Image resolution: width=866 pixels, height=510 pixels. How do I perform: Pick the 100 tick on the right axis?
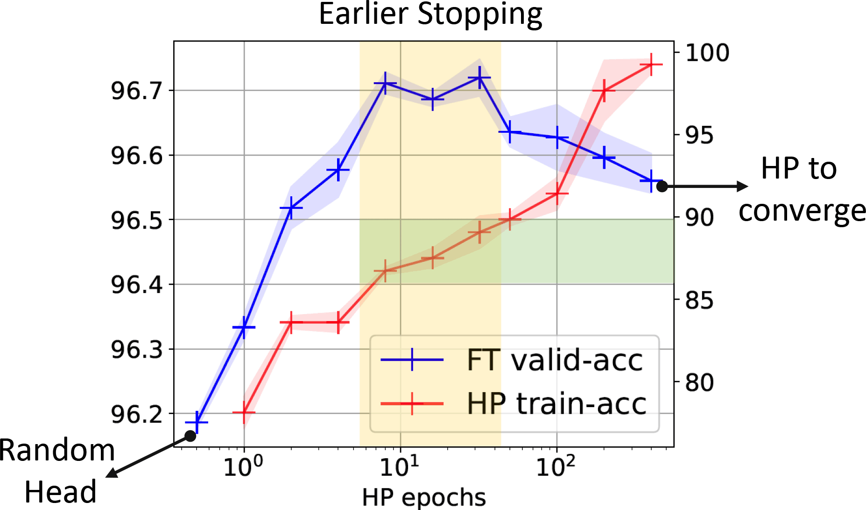tap(707, 53)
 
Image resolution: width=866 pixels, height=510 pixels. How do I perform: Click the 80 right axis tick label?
tap(699, 382)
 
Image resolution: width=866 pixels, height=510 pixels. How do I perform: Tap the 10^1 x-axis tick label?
tap(399, 466)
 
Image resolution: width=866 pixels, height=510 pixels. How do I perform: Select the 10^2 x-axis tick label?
tap(556, 466)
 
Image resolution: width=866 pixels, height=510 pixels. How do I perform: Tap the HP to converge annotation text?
tap(801, 189)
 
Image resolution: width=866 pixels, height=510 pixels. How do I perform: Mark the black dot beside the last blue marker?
tap(662, 186)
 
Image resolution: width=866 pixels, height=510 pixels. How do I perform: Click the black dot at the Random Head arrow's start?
tap(190, 436)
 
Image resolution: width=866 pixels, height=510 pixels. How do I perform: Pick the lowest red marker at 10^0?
tap(244, 413)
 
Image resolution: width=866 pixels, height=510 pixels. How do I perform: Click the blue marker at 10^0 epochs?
tap(244, 327)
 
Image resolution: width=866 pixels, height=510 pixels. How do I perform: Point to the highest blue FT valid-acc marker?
tap(479, 78)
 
